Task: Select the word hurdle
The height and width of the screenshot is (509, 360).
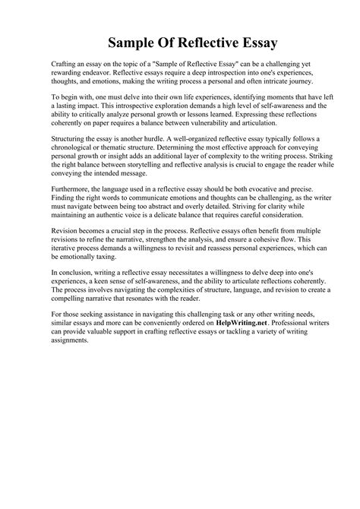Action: [x=172, y=139]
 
